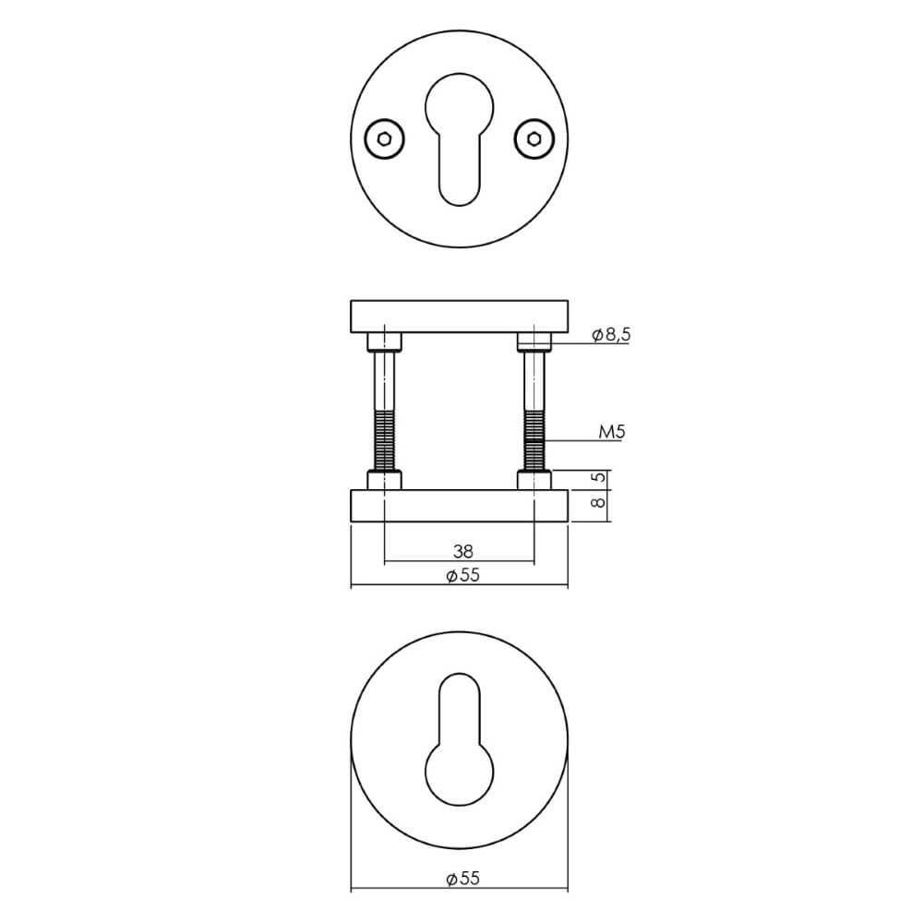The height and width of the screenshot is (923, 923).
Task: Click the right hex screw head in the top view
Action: click(x=534, y=139)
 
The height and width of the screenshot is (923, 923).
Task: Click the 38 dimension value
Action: click(x=463, y=551)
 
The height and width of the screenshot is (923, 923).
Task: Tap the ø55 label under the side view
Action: click(x=463, y=576)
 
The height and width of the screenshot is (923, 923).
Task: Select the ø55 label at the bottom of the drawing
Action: click(x=463, y=881)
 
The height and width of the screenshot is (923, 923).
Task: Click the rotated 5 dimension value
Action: click(x=597, y=479)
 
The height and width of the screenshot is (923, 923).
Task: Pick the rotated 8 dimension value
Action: click(x=597, y=504)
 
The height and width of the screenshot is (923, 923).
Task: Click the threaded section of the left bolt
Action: click(x=384, y=441)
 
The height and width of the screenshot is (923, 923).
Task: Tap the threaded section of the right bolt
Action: click(x=534, y=441)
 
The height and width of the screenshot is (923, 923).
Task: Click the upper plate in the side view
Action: click(x=459, y=315)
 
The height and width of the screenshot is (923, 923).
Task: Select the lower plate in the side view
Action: click(x=459, y=505)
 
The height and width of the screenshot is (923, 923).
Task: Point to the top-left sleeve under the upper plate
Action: click(x=384, y=342)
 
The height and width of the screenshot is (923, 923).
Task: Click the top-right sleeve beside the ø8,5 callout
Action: click(x=534, y=342)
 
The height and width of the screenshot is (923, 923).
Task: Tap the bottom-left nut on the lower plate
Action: click(x=384, y=481)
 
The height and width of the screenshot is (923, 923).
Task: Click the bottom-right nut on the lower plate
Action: click(x=534, y=481)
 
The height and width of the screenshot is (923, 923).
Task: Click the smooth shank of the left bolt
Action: click(x=384, y=380)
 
